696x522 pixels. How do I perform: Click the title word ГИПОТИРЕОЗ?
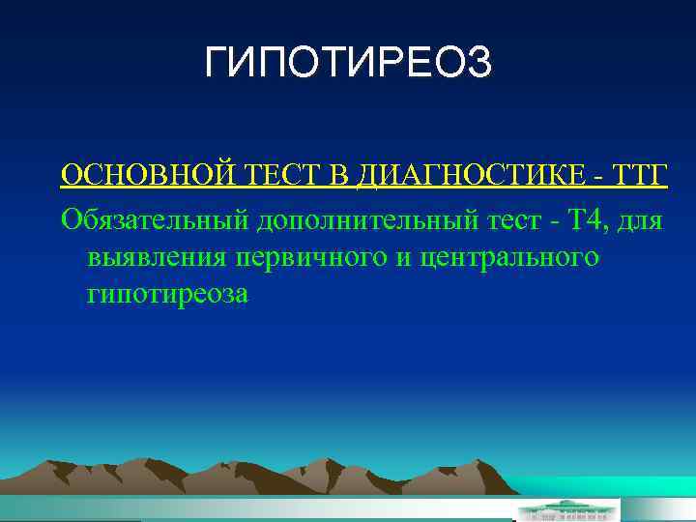pyautogui.click(x=348, y=64)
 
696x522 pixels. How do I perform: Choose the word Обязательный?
pyautogui.click(x=155, y=221)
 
